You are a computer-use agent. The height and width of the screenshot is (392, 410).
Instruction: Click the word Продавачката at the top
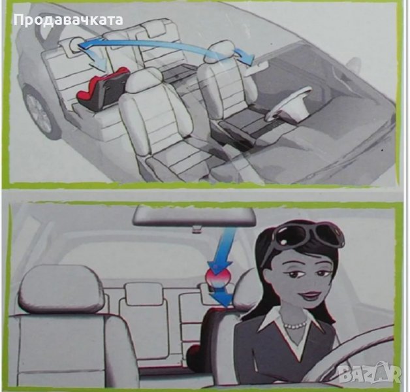69,20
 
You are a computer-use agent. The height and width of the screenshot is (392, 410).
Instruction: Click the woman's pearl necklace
296,325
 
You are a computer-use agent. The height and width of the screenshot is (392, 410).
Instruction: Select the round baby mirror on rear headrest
74,44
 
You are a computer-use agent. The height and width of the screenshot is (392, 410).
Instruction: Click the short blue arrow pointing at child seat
97,59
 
